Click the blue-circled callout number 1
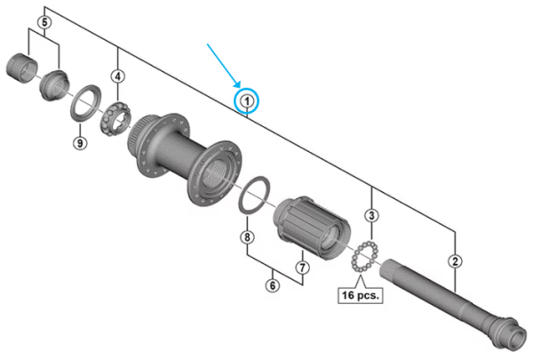click(247, 102)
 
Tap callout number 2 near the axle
click(455, 261)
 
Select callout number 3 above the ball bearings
click(373, 215)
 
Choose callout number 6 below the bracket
click(274, 285)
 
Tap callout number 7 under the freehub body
click(302, 266)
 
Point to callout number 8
click(247, 237)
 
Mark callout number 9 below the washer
click(79, 142)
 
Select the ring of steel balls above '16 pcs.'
click(365, 258)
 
